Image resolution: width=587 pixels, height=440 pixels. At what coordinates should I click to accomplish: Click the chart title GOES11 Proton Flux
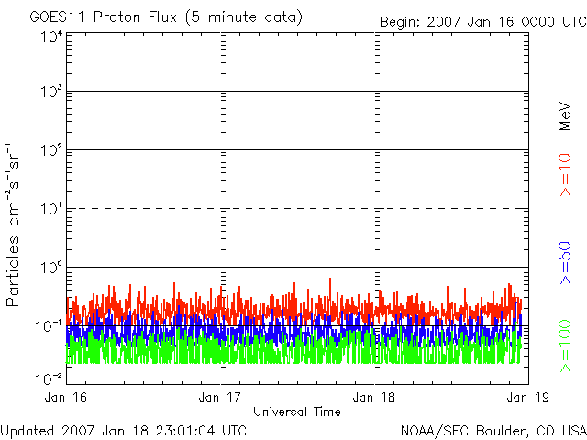point(165,16)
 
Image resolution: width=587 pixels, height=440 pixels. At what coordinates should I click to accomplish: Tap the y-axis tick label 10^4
point(50,38)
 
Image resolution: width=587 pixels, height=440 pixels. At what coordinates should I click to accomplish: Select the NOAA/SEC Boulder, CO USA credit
point(493,430)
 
